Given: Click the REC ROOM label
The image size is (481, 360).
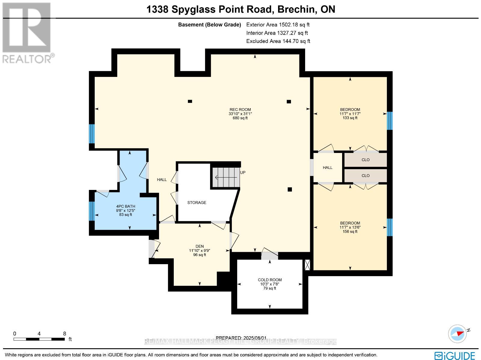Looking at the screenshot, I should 240,114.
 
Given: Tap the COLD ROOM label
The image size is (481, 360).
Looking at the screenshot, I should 270,284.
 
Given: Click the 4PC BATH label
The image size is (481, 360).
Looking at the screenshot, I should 126,210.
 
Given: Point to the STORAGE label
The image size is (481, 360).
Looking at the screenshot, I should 197,203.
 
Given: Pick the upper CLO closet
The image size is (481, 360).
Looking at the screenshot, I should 365,160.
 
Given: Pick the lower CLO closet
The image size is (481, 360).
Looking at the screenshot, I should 365,176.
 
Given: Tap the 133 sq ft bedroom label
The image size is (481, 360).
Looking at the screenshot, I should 350,114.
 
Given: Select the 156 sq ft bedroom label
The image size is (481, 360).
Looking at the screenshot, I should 350,227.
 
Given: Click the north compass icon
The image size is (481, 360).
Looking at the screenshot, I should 458,334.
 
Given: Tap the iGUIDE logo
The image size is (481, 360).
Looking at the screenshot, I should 455,355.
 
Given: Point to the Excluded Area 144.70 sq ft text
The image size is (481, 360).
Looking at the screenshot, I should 278,41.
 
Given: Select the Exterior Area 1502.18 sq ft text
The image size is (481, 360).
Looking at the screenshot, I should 278,25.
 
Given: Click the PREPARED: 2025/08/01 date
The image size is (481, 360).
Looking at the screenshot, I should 240,338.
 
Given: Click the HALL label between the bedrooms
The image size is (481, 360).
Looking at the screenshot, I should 327,168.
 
